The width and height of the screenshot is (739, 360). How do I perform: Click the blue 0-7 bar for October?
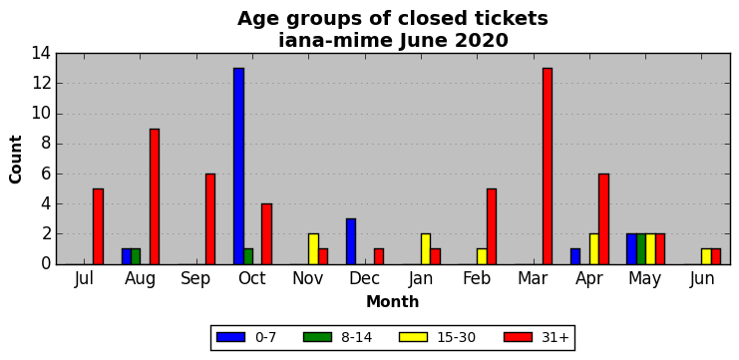pos(239,166)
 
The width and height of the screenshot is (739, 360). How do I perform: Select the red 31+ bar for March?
pos(548,166)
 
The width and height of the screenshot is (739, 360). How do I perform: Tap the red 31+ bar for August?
pos(155,196)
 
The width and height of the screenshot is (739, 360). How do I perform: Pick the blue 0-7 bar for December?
pos(351,241)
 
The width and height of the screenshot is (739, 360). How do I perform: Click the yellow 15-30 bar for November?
pos(313,248)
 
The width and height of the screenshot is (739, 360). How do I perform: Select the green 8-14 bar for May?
pos(641,248)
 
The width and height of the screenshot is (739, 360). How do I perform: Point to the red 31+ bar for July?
pos(98,226)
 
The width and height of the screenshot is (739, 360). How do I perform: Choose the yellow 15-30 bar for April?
pos(593,248)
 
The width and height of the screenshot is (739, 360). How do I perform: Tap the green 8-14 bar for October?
pos(248,256)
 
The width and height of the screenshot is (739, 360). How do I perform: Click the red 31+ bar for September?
pos(210,218)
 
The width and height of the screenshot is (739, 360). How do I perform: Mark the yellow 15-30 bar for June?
pos(706,256)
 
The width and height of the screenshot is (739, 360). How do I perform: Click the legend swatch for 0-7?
pos(231,337)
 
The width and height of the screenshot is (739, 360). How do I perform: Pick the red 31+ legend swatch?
pos(519,337)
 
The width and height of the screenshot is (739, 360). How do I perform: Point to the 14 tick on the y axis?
pos(42,53)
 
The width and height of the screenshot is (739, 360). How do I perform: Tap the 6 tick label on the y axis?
pos(46,174)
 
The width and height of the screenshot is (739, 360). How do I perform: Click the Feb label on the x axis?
pos(477,278)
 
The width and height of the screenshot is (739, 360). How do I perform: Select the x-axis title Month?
pos(393,301)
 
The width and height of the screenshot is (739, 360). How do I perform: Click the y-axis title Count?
pos(16,160)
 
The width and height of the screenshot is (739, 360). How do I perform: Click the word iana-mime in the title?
pos(335,41)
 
